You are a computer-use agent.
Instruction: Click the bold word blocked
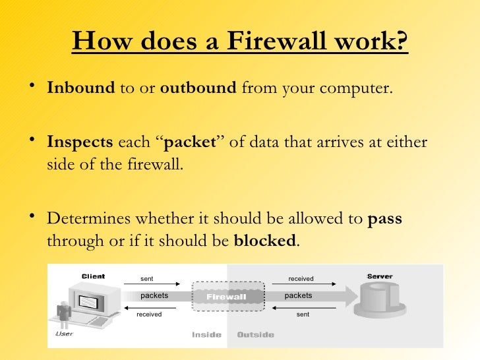click(265, 241)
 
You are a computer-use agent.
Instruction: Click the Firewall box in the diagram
click(227, 296)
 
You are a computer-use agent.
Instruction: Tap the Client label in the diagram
click(93, 276)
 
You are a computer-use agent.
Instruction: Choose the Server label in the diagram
click(380, 276)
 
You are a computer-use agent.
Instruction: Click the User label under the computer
click(63, 333)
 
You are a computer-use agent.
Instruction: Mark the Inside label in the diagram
click(206, 334)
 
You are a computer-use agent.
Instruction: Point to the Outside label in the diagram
click(255, 334)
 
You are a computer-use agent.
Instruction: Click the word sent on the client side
click(147, 279)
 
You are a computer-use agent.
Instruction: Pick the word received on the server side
click(301, 279)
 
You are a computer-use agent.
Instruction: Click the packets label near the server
click(298, 295)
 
